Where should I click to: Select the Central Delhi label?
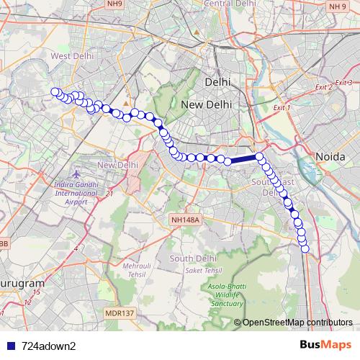coord(228,4)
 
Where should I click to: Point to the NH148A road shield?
coord(185,219)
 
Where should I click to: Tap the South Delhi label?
coord(189,258)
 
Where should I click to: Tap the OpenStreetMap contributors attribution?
coord(297,323)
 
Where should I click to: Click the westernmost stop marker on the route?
coord(55,91)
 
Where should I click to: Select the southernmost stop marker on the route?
coord(305,249)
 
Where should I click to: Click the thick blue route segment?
coord(242,160)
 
